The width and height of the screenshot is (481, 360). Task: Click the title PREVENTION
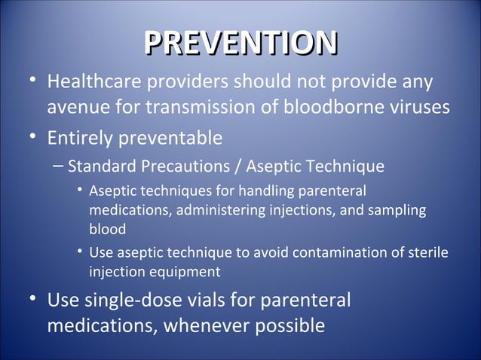tap(240, 43)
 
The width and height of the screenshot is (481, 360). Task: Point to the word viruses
tap(415, 108)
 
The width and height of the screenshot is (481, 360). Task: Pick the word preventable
tap(173, 139)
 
